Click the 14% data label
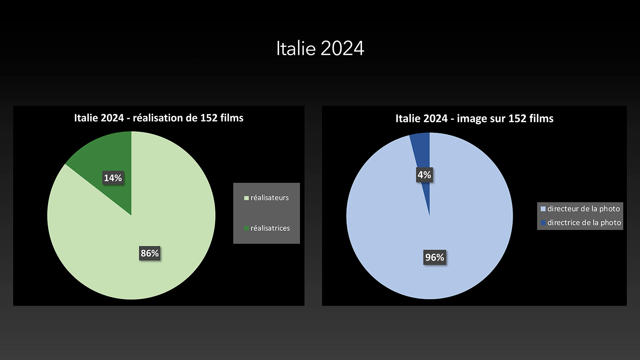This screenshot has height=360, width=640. coord(113,178)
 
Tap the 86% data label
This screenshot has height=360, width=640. coord(150,253)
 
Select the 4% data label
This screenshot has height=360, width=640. coord(424,175)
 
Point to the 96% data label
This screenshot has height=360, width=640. coord(434,258)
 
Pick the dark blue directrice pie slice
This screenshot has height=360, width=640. coord(423,154)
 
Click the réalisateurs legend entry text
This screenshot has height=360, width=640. coord(270,198)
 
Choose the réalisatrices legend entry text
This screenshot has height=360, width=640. coord(270,228)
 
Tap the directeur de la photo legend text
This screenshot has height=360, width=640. coord(584,209)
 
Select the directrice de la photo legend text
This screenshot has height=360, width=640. coord(584,222)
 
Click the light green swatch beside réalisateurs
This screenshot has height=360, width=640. coord(246,198)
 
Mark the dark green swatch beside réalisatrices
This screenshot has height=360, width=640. coord(246,228)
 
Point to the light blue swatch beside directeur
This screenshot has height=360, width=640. coord(543,209)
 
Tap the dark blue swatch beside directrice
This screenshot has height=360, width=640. coord(543,222)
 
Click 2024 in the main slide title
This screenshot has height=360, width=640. coord(342,48)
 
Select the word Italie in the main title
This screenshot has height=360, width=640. coord(296,48)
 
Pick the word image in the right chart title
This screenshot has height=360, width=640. coord(472,119)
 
